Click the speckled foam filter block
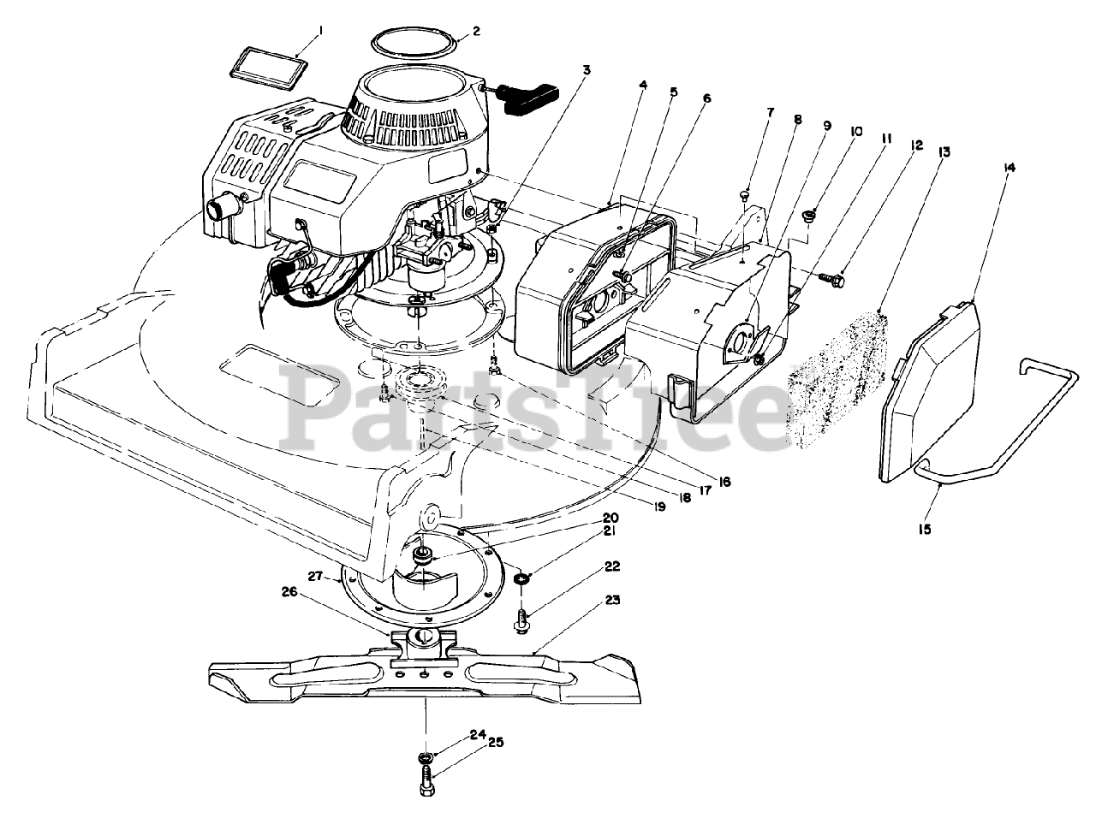pyautogui.click(x=837, y=377)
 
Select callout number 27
pyautogui.click(x=314, y=578)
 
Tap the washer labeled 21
pyautogui.click(x=521, y=582)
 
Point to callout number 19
pyautogui.click(x=658, y=507)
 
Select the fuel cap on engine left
pyautogui.click(x=222, y=206)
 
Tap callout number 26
pyautogui.click(x=289, y=591)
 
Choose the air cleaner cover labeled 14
pyautogui.click(x=929, y=394)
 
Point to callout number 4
pyautogui.click(x=642, y=85)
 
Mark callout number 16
pyautogui.click(x=724, y=482)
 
